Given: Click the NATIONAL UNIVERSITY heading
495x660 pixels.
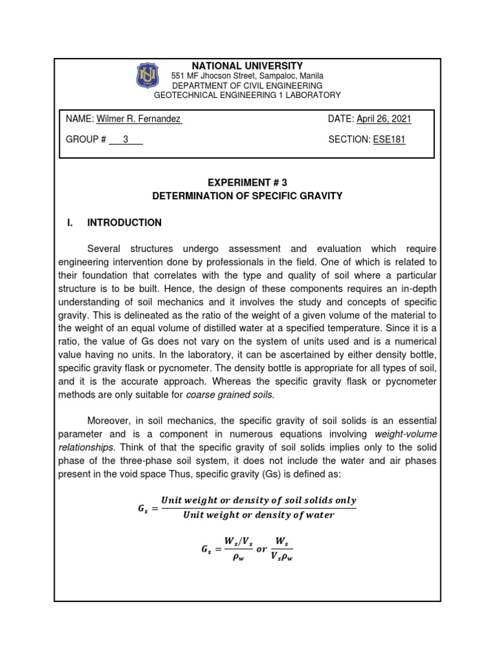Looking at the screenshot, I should click(247, 66).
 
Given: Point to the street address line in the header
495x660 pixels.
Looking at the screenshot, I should click(247, 76).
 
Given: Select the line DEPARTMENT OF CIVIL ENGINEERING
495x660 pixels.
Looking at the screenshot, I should click(247, 86).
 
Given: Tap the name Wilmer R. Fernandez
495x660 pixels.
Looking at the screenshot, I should click(139, 119).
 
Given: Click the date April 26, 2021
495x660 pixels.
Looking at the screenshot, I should click(384, 119).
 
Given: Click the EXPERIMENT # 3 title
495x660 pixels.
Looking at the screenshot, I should click(247, 182).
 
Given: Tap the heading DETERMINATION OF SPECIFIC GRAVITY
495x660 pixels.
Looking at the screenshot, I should click(247, 195).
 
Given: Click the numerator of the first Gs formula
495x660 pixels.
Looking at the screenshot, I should click(258, 500).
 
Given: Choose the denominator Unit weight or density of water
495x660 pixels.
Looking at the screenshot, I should click(258, 514).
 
